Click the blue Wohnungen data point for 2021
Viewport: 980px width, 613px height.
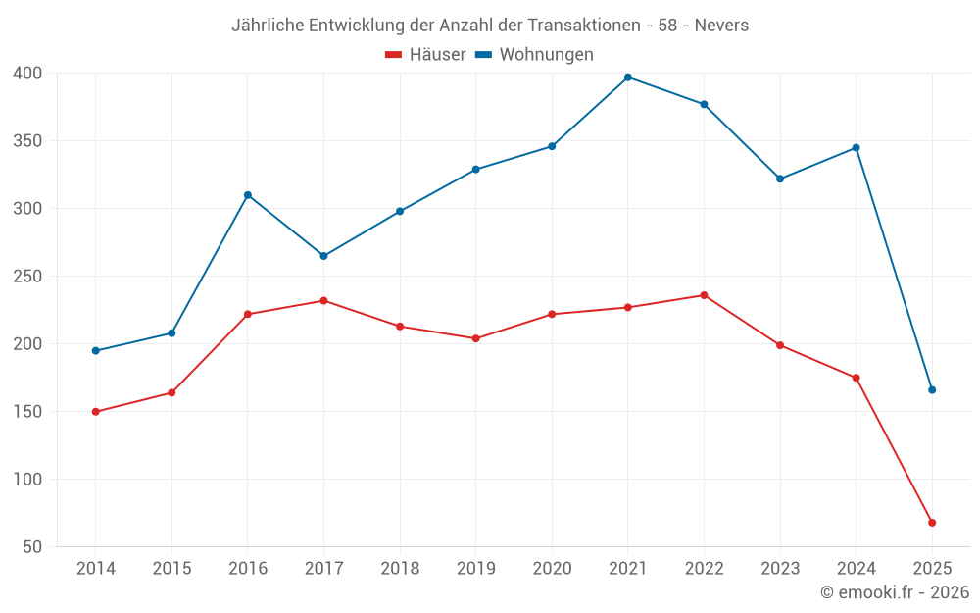(628, 77)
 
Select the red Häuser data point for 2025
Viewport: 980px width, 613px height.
(932, 523)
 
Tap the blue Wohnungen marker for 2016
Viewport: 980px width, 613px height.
(248, 195)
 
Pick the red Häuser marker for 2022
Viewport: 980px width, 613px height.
(704, 295)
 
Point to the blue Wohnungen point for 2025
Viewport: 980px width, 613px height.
(932, 390)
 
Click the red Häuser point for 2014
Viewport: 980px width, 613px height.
(96, 412)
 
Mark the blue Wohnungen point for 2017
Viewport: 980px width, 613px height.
(323, 256)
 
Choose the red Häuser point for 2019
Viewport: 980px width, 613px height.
(476, 338)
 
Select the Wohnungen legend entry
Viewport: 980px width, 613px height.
(546, 55)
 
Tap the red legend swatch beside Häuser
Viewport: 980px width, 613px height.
(394, 55)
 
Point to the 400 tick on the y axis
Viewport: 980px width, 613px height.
(27, 74)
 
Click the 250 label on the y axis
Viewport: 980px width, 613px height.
(27, 277)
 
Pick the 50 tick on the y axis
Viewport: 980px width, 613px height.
(32, 547)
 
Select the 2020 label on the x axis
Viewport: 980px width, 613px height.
(552, 569)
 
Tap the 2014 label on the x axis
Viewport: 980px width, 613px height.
(96, 569)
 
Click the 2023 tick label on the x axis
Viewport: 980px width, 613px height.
(780, 569)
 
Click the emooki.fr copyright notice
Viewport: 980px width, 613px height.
(895, 592)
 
